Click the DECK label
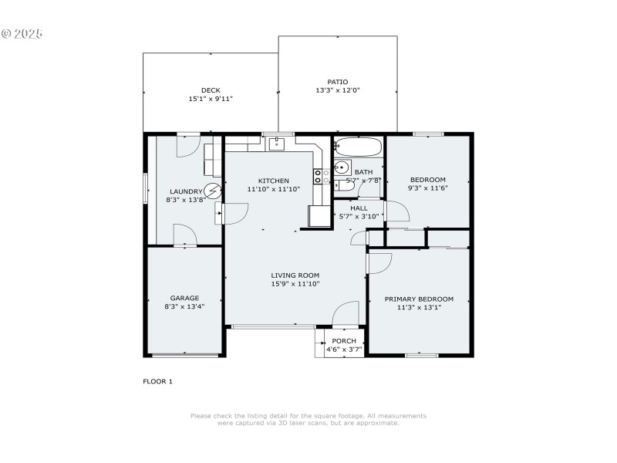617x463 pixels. (x=211, y=90)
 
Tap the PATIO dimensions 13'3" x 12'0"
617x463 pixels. (x=338, y=90)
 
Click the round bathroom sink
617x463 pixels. (x=340, y=167)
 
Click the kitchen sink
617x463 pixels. (x=276, y=143)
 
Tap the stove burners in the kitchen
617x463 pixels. (x=317, y=177)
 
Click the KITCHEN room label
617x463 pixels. (x=273, y=181)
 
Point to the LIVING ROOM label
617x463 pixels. (x=295, y=275)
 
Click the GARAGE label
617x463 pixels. (x=185, y=298)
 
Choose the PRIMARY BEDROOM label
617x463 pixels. (x=419, y=299)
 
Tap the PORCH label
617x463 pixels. (x=344, y=341)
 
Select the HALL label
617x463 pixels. (x=359, y=208)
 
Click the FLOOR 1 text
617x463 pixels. (x=158, y=381)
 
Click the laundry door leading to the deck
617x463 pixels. (x=188, y=145)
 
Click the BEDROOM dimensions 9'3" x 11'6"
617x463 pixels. (x=427, y=188)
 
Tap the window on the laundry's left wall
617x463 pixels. (x=146, y=189)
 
